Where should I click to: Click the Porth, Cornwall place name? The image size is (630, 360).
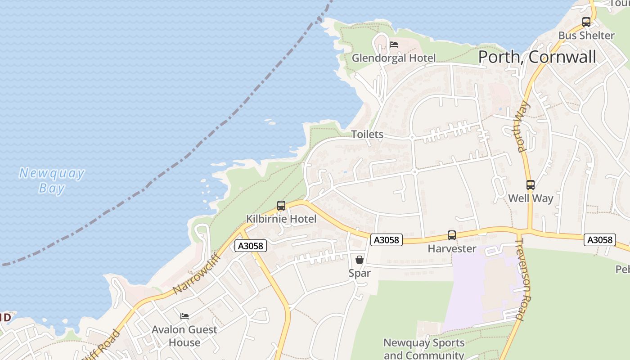pyautogui.click(x=537, y=57)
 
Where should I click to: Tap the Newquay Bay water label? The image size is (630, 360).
pyautogui.click(x=52, y=180)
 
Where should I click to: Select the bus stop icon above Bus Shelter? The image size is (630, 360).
pyautogui.click(x=586, y=22)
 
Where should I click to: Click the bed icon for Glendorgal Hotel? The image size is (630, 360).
pyautogui.click(x=394, y=45)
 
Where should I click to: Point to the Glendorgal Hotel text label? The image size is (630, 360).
pyautogui.click(x=394, y=58)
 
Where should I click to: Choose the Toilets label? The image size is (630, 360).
pyautogui.click(x=367, y=134)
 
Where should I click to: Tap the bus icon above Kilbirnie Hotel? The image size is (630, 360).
pyautogui.click(x=281, y=206)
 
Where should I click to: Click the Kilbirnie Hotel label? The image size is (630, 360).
pyautogui.click(x=281, y=219)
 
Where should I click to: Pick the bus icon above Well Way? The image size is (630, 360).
pyautogui.click(x=531, y=185)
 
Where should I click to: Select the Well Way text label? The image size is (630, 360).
pyautogui.click(x=531, y=198)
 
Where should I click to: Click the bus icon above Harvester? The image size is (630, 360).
pyautogui.click(x=452, y=235)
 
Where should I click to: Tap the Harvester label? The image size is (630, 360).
pyautogui.click(x=452, y=248)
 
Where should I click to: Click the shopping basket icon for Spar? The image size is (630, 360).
pyautogui.click(x=360, y=260)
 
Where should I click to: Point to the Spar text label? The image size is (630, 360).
pyautogui.click(x=360, y=273)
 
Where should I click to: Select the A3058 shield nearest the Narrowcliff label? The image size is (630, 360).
pyautogui.click(x=251, y=246)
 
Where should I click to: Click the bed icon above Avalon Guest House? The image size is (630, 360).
pyautogui.click(x=184, y=316)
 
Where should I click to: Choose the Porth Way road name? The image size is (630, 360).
pyautogui.click(x=522, y=127)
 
